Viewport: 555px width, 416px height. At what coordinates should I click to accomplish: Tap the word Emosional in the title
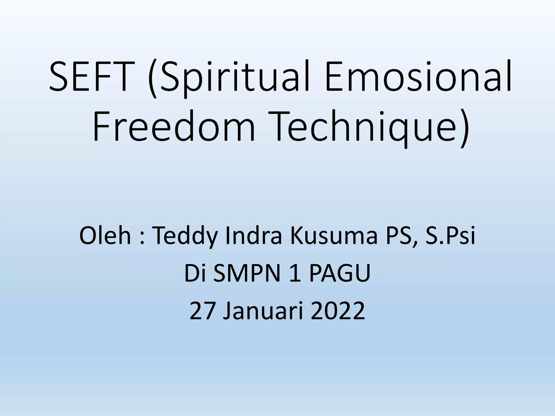tap(419, 76)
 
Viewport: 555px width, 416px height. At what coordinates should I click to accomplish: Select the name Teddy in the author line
tap(186, 236)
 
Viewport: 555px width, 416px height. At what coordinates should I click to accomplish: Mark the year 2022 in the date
tap(337, 311)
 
